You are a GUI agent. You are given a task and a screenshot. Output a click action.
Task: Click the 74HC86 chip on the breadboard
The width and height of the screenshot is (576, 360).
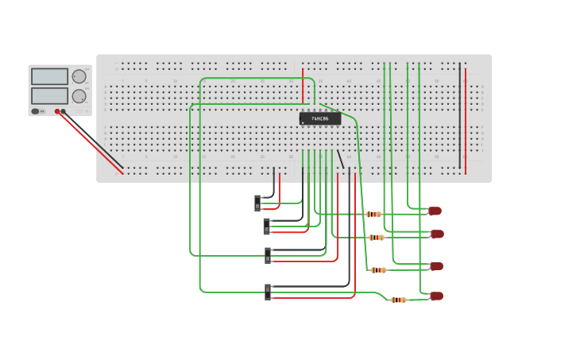point(319,118)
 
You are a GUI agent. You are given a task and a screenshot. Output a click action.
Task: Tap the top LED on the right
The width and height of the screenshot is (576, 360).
point(435,211)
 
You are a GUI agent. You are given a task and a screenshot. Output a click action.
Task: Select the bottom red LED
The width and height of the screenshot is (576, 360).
point(436,296)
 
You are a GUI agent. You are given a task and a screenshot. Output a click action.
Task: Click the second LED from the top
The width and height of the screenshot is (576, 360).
point(437,234)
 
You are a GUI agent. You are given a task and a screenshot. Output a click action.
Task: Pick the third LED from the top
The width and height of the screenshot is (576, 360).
point(436,266)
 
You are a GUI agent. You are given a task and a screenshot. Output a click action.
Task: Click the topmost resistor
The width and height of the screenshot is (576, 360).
point(373,214)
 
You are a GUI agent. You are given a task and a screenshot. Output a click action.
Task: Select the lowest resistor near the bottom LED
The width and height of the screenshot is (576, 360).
point(398,300)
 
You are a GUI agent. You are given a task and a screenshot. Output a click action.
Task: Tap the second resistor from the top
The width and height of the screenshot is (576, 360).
point(377,238)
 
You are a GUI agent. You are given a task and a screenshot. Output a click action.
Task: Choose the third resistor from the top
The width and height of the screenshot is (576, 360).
point(379,270)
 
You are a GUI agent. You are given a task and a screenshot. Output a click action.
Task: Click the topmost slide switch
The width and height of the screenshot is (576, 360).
point(257,203)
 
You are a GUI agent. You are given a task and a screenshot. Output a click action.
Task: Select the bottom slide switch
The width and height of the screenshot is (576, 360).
point(267,292)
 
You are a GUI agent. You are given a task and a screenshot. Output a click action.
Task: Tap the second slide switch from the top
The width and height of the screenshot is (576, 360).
point(266,226)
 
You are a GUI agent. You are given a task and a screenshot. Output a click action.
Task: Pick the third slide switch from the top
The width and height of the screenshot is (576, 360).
point(268,255)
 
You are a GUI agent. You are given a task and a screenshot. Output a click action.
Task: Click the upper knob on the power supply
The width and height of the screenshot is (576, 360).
point(79,77)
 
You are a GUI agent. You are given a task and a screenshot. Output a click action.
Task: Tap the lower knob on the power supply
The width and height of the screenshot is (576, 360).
point(79,96)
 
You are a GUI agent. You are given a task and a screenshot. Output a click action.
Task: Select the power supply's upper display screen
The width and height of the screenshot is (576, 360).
point(49,76)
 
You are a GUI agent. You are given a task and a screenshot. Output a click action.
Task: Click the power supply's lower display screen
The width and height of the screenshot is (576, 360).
point(49,95)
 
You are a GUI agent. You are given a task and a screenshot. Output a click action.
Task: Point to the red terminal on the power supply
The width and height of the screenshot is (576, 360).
point(57,112)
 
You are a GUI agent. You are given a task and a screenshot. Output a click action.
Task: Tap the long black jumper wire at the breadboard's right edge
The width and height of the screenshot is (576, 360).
point(459,115)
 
